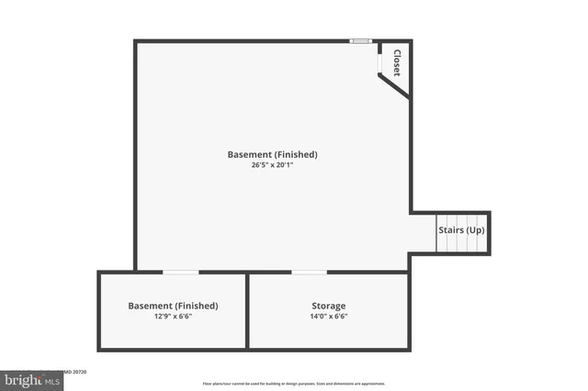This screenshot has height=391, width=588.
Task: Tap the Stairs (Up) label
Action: (x=460, y=229)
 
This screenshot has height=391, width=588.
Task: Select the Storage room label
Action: (x=329, y=306)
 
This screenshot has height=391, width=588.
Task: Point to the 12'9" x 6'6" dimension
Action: (x=173, y=316)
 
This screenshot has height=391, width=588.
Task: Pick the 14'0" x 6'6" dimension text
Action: (x=329, y=316)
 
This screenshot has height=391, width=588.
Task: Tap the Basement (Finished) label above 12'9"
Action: (x=173, y=306)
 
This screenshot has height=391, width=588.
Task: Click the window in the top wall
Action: (x=361, y=41)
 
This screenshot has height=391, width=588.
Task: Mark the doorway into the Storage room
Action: (x=309, y=272)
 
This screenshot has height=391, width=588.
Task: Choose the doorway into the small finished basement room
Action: (x=180, y=272)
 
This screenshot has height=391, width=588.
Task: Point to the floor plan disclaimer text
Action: (x=294, y=384)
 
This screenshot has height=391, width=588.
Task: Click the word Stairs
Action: (x=450, y=229)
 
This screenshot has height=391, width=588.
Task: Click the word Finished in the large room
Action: (x=295, y=154)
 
